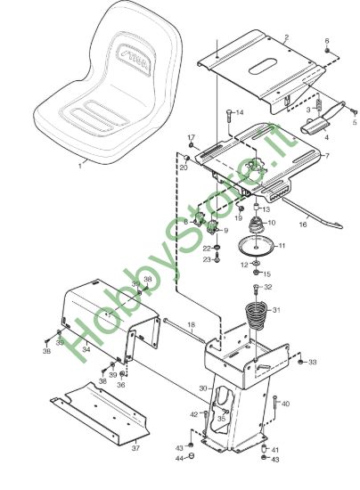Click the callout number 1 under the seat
click(80, 166)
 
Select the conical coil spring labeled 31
click(256, 315)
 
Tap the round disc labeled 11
click(257, 246)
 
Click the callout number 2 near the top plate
click(287, 37)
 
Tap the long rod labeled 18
click(184, 331)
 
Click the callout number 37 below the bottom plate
click(135, 448)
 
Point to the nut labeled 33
click(300, 362)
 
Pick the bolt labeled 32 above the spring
click(256, 289)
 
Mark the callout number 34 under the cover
click(86, 348)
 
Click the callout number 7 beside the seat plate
click(327, 156)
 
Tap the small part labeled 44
click(192, 455)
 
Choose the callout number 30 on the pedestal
click(203, 388)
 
